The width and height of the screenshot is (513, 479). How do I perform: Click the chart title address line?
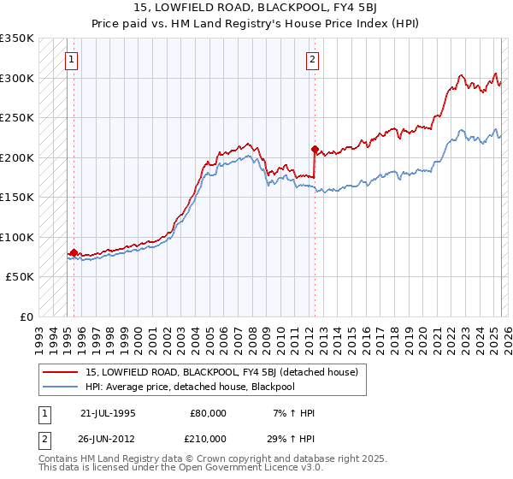256,7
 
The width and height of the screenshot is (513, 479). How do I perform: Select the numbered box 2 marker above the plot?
313,60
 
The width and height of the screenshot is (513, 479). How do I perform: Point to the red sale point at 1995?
74,253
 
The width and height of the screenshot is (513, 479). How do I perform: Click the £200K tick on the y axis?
17,157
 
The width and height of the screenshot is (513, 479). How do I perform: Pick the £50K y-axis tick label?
20,277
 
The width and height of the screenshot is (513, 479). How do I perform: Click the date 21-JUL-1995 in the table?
108,413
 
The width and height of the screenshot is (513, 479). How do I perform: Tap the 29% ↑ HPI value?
292,439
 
